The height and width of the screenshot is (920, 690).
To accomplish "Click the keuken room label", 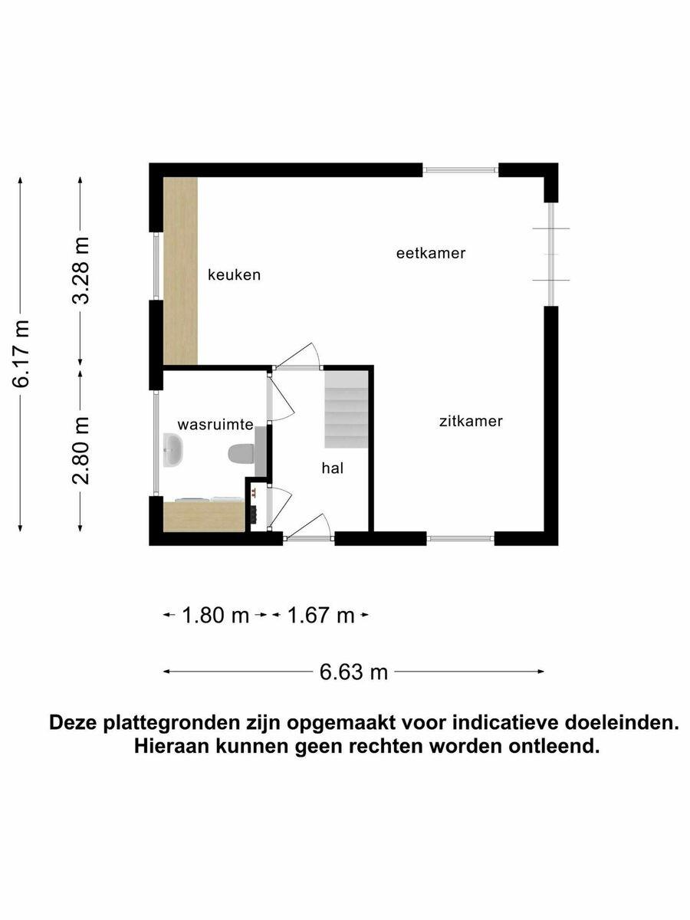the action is [234, 275].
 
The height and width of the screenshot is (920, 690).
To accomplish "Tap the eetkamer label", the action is [431, 253].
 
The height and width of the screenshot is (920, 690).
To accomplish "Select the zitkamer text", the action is [471, 421].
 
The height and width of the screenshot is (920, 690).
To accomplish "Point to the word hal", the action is [333, 468].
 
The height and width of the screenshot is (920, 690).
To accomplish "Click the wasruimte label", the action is [215, 425].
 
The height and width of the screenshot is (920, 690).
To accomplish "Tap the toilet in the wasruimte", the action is [242, 454].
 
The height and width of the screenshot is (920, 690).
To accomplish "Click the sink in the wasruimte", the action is [172, 450].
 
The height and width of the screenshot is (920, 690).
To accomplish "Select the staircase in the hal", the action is [346, 409].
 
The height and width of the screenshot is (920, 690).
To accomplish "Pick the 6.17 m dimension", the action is [21, 354].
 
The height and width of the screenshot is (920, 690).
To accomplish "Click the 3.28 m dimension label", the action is [80, 271].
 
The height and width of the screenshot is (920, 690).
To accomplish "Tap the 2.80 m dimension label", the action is [80, 451].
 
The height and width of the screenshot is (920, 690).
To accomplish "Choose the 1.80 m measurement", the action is [215, 616].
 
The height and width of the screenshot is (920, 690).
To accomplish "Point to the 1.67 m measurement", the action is [321, 616].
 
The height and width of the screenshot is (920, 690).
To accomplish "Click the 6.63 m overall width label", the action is [353, 672].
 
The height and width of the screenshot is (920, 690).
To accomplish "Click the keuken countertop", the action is [180, 271].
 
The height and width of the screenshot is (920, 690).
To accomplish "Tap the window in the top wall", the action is [461, 169].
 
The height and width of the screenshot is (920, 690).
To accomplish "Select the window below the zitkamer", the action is [461, 539].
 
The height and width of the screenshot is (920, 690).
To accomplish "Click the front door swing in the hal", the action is [308, 527].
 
